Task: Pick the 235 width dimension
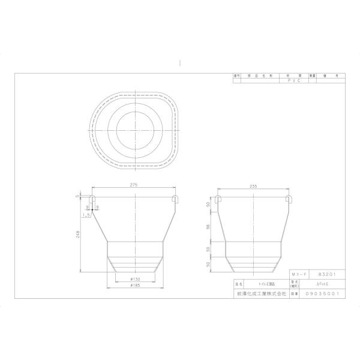254,186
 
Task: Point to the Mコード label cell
298,273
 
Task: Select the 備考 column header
336,75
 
